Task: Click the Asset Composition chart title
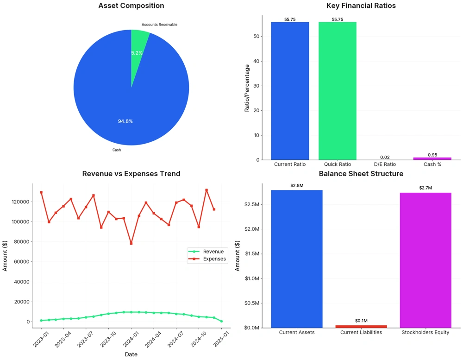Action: (131, 6)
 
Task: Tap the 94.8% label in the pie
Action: (125, 121)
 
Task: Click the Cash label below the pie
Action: (117, 150)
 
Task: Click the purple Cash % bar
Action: (432, 158)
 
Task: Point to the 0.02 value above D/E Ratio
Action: (385, 157)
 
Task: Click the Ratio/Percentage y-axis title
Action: (247, 88)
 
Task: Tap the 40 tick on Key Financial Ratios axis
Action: (256, 61)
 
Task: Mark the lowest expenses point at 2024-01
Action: (131, 243)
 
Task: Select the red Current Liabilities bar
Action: (361, 326)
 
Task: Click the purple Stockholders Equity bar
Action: (425, 259)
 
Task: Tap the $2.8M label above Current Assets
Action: (297, 185)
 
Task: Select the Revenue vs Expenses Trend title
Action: (131, 174)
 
